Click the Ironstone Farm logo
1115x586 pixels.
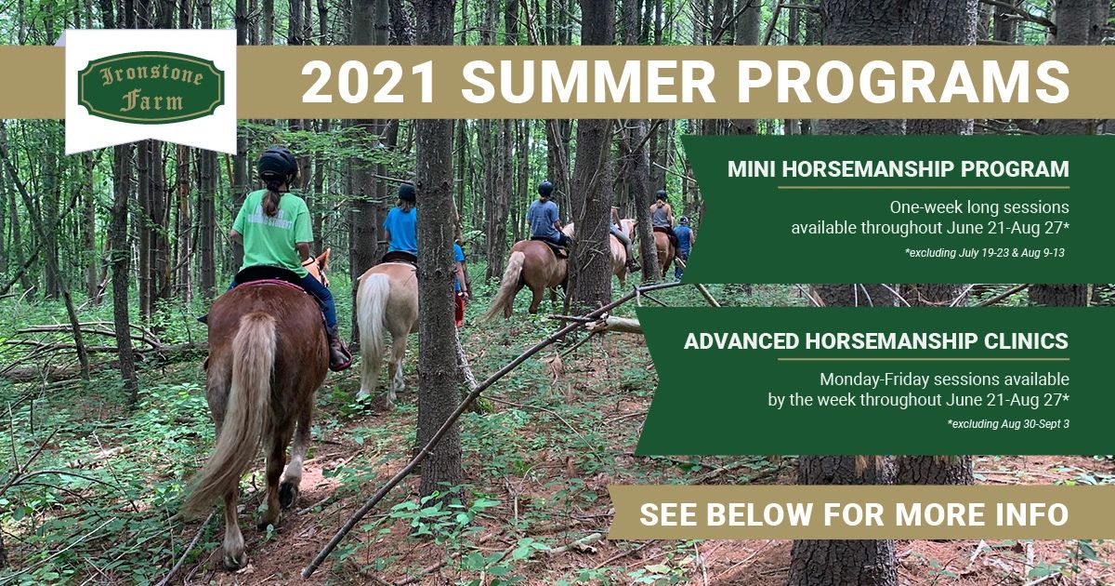pyautogui.click(x=151, y=87)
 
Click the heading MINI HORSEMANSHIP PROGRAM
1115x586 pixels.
pyautogui.click(x=898, y=170)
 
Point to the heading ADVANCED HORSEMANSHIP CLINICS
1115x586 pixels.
pyautogui.click(x=876, y=341)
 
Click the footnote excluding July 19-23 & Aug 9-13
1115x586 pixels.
pyautogui.click(x=984, y=252)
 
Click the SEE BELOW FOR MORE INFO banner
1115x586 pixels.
pyautogui.click(x=853, y=513)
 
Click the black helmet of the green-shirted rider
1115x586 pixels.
pyautogui.click(x=277, y=165)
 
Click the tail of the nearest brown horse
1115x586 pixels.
pyautogui.click(x=232, y=409)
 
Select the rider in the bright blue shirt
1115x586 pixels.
pyautogui.click(x=400, y=227)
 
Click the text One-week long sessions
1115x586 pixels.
pyautogui.click(x=978, y=206)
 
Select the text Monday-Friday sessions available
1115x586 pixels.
pyautogui.click(x=943, y=380)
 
